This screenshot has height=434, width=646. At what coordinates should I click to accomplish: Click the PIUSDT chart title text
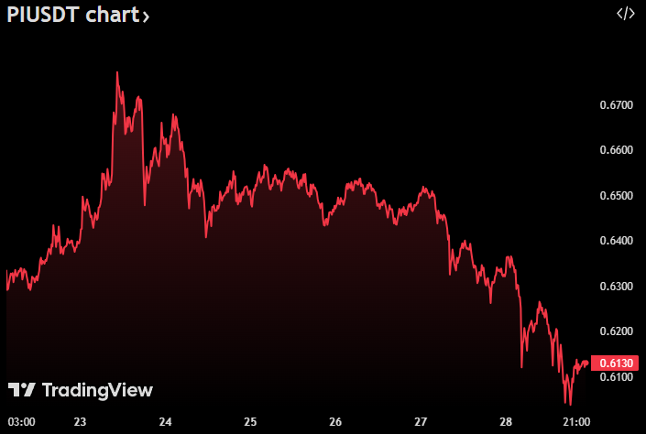coord(69,15)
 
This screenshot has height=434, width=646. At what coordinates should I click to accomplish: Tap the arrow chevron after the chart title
coord(147,16)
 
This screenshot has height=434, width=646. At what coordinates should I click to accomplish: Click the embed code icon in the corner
coord(625,14)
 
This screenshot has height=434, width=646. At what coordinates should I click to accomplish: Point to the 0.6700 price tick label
coord(616,105)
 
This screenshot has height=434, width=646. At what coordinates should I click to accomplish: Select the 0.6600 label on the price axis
coord(616,150)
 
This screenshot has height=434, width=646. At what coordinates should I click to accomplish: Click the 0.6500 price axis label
coord(616,196)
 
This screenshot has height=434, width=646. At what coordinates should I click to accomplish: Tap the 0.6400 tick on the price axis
coord(616,241)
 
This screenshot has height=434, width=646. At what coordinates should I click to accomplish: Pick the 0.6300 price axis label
coord(616,287)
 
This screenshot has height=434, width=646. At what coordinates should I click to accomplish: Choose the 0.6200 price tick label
coord(616,331)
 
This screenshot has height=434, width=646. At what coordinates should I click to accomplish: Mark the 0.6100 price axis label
coord(616,377)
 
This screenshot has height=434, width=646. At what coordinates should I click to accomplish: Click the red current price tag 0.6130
coord(615,363)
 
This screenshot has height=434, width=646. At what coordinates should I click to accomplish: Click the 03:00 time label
coord(21,422)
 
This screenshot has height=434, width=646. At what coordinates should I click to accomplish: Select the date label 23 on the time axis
coord(81,422)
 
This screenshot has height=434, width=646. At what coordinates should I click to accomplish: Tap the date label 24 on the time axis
coord(166,422)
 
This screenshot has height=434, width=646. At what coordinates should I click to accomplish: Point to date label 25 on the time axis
coord(250,422)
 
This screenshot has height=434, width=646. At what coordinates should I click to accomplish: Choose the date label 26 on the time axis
coord(335,422)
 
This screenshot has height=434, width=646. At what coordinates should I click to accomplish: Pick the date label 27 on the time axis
coord(421,422)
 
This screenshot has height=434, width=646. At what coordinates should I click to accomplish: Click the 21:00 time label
coord(576,422)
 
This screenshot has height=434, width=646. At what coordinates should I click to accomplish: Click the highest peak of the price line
coord(117,71)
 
